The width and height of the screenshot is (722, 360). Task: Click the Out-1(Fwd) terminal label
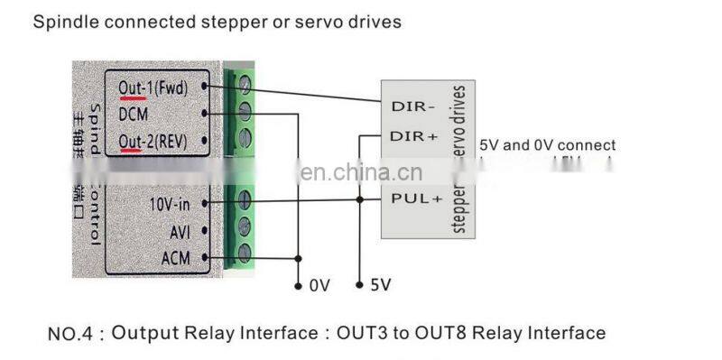tap(156, 88)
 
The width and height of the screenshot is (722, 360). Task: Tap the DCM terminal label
tap(134, 115)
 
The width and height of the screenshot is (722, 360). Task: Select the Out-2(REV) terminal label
tap(156, 142)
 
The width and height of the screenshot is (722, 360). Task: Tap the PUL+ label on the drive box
tap(415, 197)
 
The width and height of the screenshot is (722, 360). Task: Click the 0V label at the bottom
tap(319, 286)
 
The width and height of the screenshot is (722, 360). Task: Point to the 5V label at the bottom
tap(381, 286)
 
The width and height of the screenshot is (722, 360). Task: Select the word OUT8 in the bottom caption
tap(440, 334)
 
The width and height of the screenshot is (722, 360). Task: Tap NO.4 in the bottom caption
tap(70, 334)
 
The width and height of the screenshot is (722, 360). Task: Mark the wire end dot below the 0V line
tap(298, 286)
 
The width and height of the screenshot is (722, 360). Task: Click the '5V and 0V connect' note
tap(548, 145)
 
